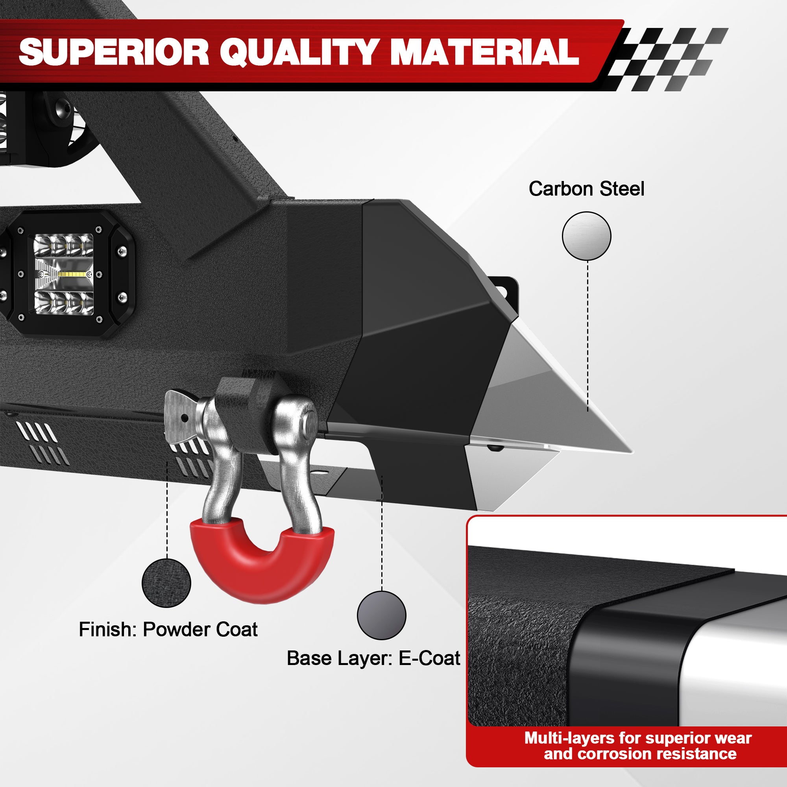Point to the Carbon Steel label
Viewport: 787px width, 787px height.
pos(586,189)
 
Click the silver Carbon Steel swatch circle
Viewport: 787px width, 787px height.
pos(587,236)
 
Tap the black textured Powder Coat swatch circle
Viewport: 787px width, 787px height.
pos(166,583)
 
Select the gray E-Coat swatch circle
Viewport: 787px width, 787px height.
pos(381,615)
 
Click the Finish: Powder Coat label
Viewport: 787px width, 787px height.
pos(168,629)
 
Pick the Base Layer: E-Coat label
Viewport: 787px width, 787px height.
pos(373,658)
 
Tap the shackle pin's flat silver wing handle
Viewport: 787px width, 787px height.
pos(181,416)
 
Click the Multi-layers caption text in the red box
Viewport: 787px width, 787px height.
pos(638,746)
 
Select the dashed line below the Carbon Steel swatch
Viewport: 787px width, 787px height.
pos(587,336)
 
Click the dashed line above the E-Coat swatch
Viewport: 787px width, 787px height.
pos(382,533)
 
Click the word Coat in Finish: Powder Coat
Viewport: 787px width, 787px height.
pos(236,629)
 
